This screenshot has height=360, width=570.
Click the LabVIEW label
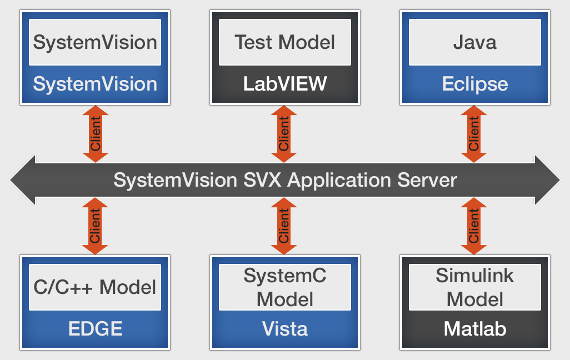click(285, 84)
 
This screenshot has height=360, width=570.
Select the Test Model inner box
click(285, 42)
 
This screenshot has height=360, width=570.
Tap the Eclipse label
click(475, 84)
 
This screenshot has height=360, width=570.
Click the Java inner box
click(475, 42)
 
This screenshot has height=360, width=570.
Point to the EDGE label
click(95, 328)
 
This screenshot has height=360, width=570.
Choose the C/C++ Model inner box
click(95, 287)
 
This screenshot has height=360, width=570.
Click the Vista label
click(285, 328)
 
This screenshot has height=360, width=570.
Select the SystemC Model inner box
click(285, 287)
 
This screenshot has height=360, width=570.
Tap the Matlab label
click(475, 328)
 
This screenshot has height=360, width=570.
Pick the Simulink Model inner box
click(475, 287)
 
